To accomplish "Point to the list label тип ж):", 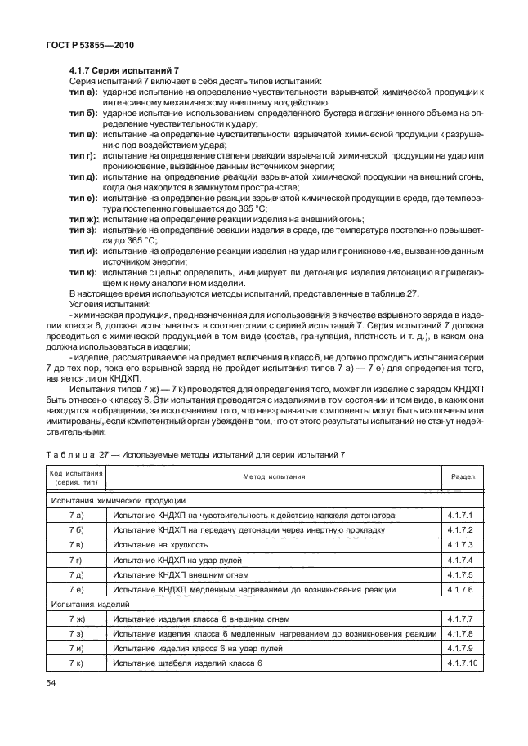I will [x=83, y=219].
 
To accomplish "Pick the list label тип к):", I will [x=83, y=270].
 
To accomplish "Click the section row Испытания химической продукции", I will [x=118, y=499].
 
